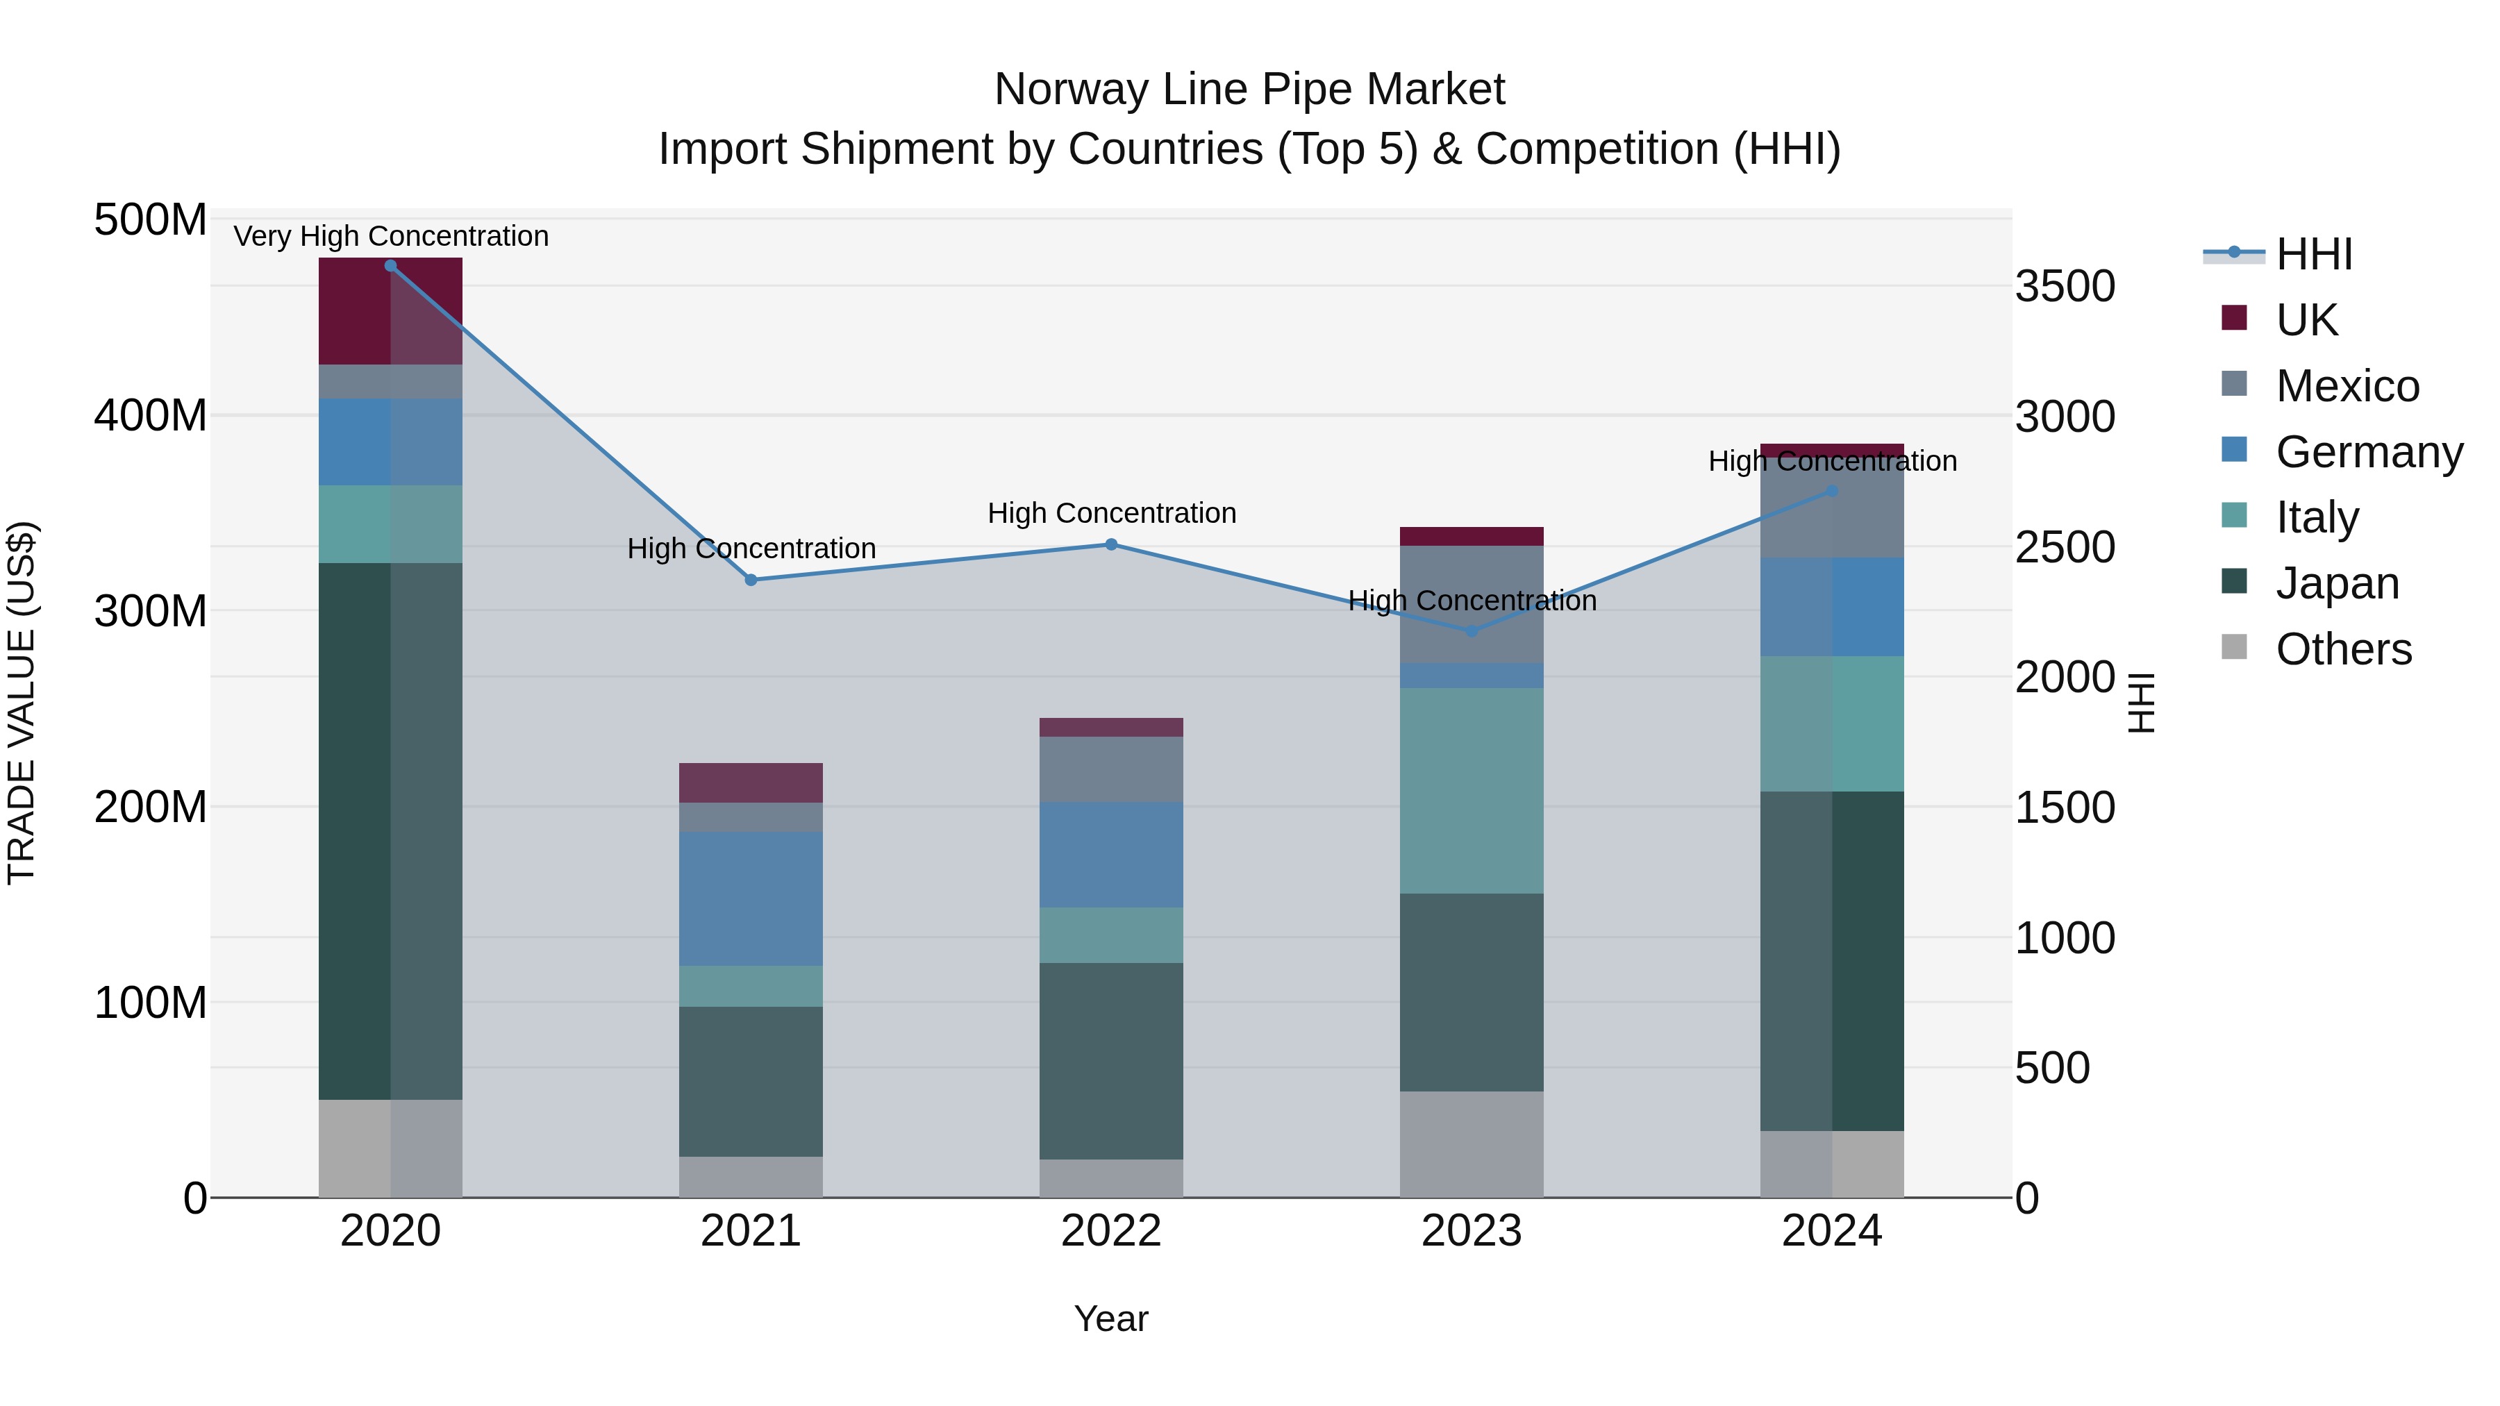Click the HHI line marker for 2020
point(390,266)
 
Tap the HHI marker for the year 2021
point(750,580)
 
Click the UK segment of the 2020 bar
point(390,310)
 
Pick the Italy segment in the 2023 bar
point(1472,791)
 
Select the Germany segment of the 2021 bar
point(750,898)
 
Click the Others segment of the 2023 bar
point(1472,1144)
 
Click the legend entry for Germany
point(2368,452)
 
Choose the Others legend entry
point(2343,649)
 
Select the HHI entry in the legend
point(2314,254)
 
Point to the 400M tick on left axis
point(151,415)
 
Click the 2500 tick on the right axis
point(2065,547)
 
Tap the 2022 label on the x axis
point(1111,1231)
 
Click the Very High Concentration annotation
point(391,236)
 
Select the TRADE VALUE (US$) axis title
point(22,703)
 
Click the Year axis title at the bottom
point(1111,1319)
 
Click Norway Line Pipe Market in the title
point(1249,90)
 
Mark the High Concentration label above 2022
point(1111,512)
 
